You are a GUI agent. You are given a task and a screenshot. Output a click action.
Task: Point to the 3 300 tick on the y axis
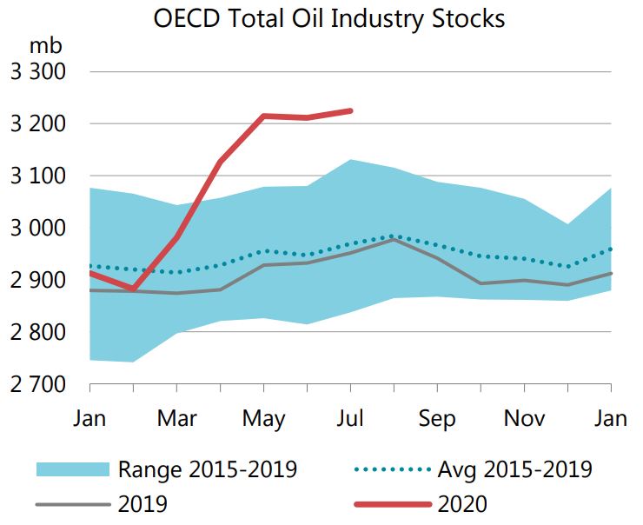(38, 71)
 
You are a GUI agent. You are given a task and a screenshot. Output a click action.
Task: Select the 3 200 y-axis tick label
(38, 123)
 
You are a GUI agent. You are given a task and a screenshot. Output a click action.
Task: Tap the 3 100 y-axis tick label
(38, 176)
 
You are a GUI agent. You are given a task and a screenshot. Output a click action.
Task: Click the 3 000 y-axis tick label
(38, 228)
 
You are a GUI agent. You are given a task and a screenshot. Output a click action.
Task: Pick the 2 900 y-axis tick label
(38, 280)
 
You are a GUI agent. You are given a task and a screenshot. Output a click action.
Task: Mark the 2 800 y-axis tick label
(38, 332)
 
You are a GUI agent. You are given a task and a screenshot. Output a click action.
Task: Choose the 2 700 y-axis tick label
(38, 384)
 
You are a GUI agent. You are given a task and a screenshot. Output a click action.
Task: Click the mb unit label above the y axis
(43, 43)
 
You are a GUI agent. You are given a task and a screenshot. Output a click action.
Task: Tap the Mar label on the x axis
(176, 418)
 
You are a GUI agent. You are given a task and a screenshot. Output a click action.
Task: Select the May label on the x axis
(263, 418)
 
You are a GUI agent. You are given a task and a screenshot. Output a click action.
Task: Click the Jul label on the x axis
(350, 418)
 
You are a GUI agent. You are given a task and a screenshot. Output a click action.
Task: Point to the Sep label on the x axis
(437, 418)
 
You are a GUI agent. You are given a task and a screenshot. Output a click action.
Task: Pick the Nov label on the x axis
(524, 418)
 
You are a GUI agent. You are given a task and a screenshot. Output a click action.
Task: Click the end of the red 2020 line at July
(350, 110)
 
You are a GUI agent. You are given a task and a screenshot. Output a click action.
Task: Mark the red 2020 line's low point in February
(134, 289)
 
